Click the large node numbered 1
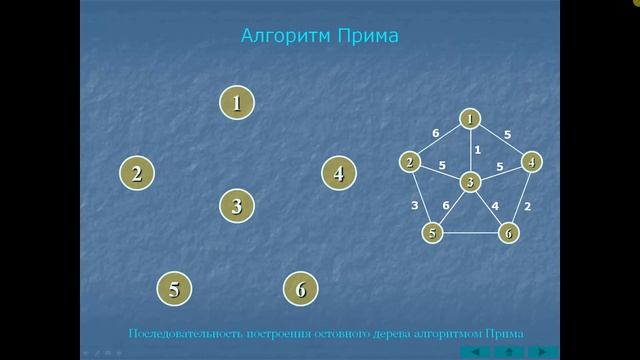237,102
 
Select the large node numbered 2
137,172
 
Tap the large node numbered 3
237,206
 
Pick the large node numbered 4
339,172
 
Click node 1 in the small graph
469,119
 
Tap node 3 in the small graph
469,181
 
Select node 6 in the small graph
508,233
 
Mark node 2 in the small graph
410,161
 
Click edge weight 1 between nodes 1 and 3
478,150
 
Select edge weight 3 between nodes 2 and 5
415,205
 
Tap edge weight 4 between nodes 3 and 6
495,205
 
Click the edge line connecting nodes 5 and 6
470,234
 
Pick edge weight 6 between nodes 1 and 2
435,132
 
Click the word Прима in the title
366,37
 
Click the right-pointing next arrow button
543,351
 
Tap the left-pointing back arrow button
476,351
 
